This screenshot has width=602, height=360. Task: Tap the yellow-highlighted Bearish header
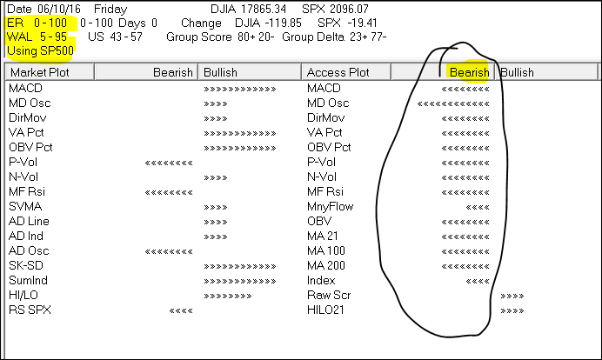(468, 73)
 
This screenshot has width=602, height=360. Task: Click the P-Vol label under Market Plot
(22, 162)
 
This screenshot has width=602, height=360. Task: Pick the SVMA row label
(23, 206)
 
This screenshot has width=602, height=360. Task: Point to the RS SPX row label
(29, 310)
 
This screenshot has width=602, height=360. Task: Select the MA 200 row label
(327, 265)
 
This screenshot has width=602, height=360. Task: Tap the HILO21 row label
(327, 310)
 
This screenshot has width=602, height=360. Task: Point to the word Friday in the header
(110, 8)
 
